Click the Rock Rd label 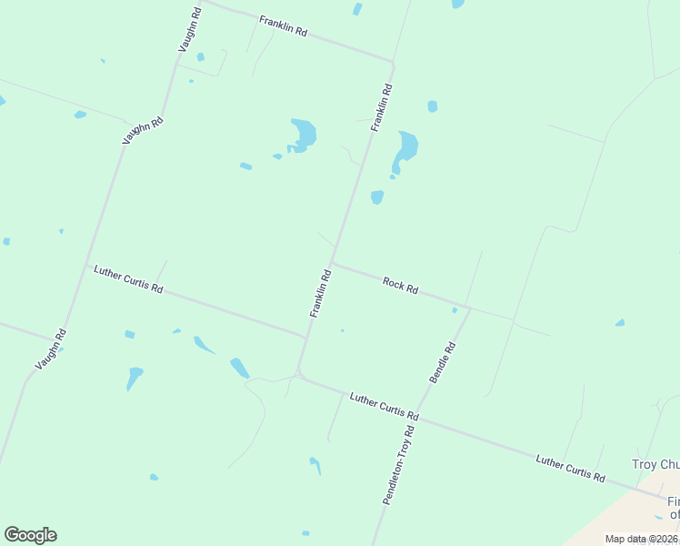tap(400, 286)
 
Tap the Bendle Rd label tap(442, 362)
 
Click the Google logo tap(30, 535)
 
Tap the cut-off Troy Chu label tap(655, 464)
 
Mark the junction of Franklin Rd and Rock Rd tap(332, 262)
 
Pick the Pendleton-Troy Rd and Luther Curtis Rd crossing tap(420, 418)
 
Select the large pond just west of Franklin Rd tap(304, 135)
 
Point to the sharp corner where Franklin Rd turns tap(393, 62)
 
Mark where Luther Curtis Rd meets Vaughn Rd tap(86, 267)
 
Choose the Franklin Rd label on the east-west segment tap(283, 25)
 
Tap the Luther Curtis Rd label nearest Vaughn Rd tap(128, 279)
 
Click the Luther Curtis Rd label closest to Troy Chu tap(571, 467)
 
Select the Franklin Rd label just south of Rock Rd tap(320, 292)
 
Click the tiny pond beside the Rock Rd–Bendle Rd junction tap(455, 309)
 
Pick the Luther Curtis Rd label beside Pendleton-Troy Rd tap(384, 407)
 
